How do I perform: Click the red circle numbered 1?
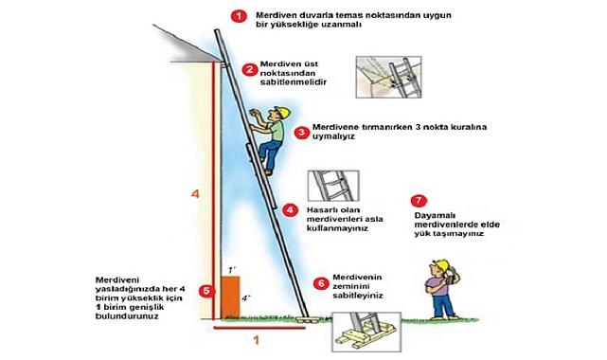pos(239,16)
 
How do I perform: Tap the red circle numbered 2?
pos(250,70)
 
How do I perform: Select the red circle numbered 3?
pos(301,133)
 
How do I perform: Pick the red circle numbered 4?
pos(290,210)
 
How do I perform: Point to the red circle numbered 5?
pos(206,291)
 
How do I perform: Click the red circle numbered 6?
pos(321,284)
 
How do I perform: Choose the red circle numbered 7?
pos(419,201)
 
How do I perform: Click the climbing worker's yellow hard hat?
pos(282,112)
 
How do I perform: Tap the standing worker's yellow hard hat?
pos(441,265)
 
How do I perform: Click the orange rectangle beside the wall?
pos(230,297)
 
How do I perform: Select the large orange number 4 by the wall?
pos(195,193)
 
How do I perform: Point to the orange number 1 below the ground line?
pos(257,340)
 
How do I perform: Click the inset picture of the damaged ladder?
pos(333,186)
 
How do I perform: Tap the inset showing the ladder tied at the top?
pos(388,77)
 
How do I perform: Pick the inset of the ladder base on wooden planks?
pos(366,333)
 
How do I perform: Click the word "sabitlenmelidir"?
pos(294,82)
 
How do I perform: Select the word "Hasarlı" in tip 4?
pos(322,210)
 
